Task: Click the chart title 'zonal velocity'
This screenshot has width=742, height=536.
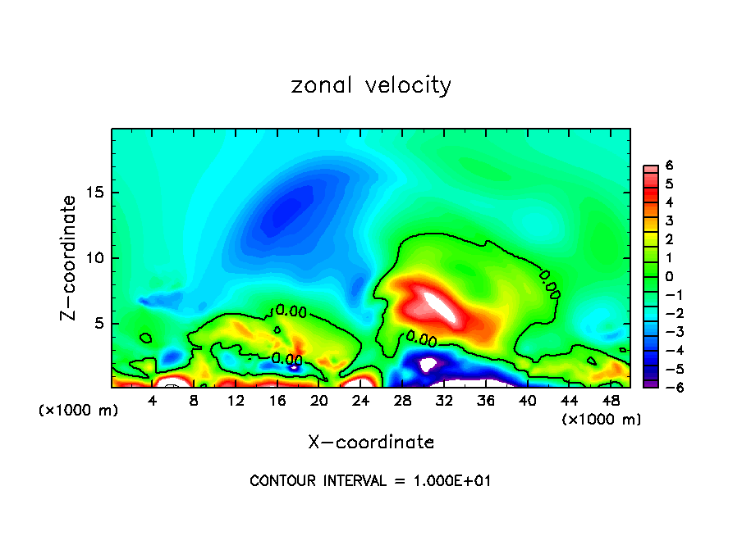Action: pos(371,85)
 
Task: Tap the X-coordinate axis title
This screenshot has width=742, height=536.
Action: pos(371,443)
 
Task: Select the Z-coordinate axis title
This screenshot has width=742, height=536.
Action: pos(69,257)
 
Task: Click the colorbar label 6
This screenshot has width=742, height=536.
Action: pos(669,166)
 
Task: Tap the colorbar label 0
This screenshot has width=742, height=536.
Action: pos(669,276)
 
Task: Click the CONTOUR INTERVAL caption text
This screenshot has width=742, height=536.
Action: pos(370,481)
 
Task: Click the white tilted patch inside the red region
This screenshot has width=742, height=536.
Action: pos(440,306)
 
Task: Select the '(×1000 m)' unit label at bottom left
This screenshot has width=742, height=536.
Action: pos(78,411)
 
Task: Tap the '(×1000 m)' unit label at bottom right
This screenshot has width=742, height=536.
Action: pos(601,420)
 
